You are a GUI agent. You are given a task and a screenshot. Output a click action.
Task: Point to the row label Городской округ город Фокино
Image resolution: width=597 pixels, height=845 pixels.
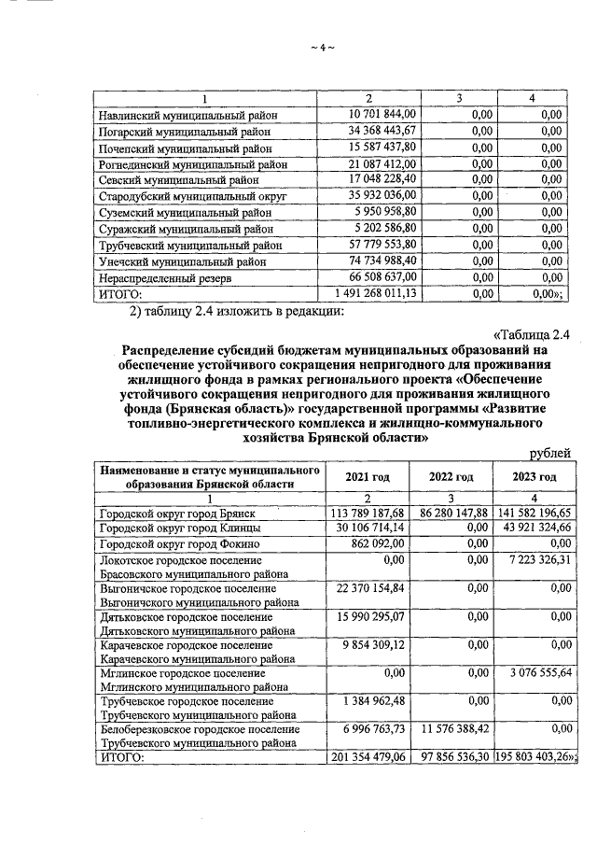186,543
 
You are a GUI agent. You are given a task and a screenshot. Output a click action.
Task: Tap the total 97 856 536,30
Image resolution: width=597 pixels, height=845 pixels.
451,755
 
